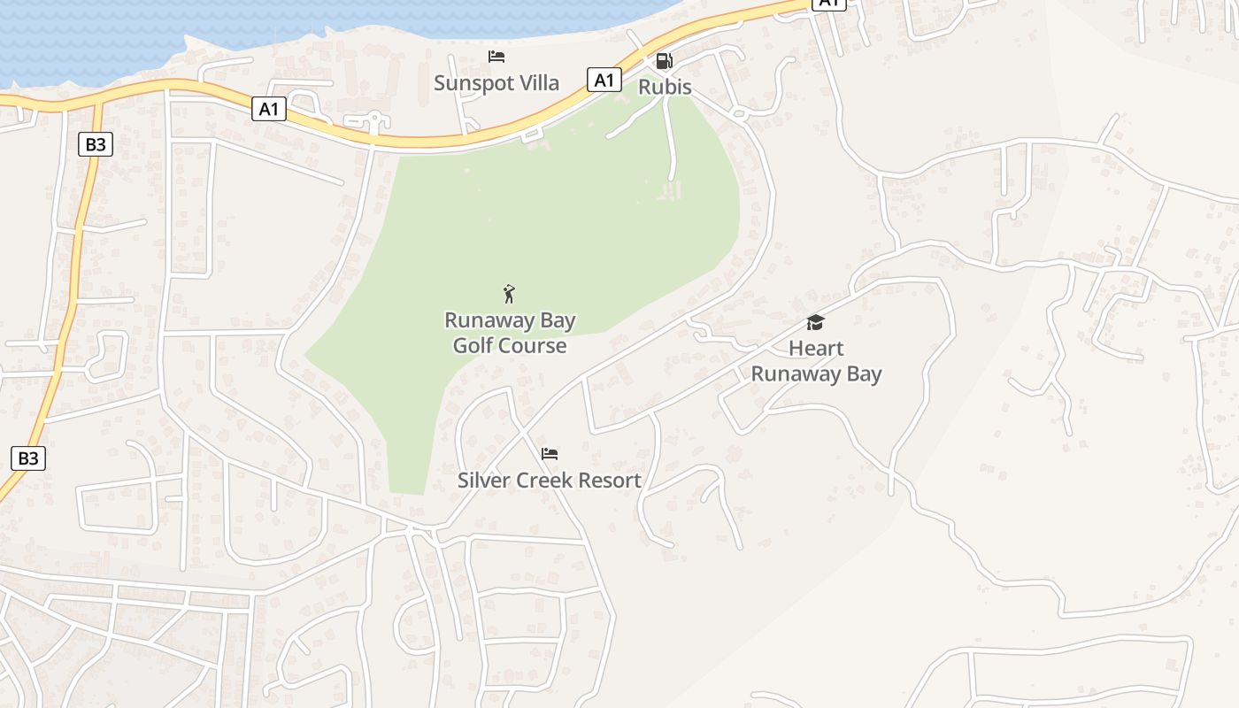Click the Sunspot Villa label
[496, 83]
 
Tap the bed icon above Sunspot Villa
[496, 57]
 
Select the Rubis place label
[665, 88]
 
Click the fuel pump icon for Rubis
[664, 60]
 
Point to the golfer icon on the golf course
[509, 293]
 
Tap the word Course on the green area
[535, 345]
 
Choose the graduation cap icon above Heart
[815, 322]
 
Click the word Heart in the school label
[816, 348]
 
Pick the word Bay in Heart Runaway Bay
[863, 373]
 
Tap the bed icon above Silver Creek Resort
[550, 454]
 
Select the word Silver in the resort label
[481, 481]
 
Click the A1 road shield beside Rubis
[603, 80]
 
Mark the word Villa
[538, 83]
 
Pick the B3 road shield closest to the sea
[96, 143]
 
